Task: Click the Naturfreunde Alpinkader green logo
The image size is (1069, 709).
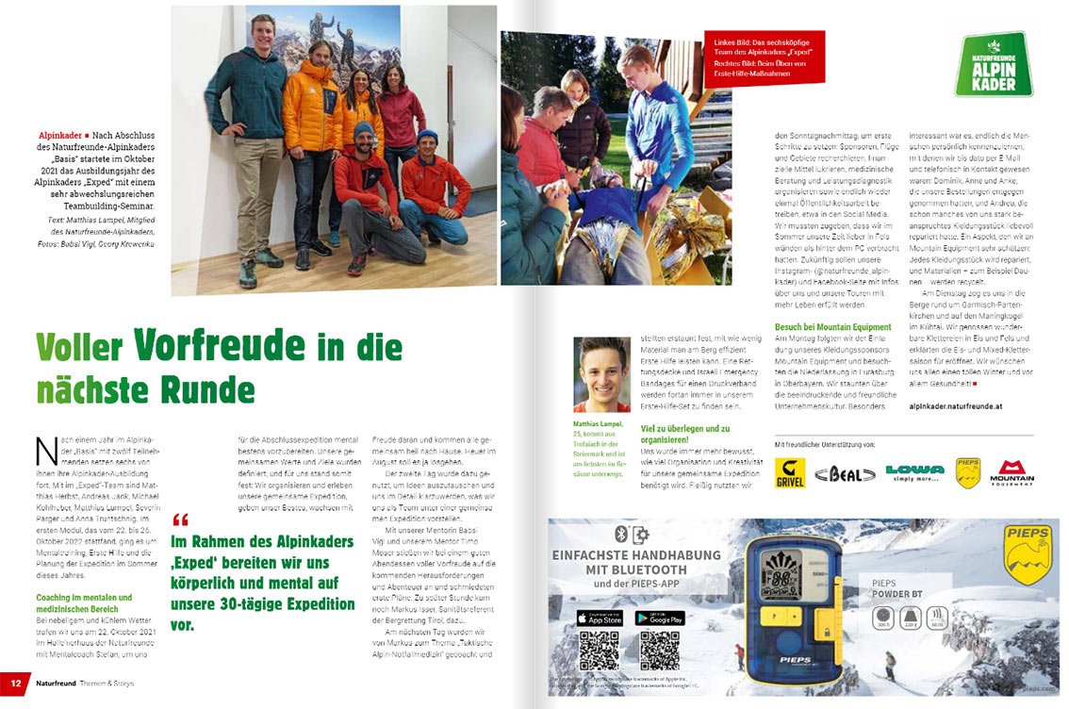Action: tap(993, 64)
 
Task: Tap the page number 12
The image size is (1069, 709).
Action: tap(15, 681)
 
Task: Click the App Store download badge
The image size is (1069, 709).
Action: tap(600, 618)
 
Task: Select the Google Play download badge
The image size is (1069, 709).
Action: tap(660, 618)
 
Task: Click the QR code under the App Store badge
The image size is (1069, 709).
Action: tap(599, 651)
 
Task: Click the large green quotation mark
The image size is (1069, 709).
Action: tap(181, 519)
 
